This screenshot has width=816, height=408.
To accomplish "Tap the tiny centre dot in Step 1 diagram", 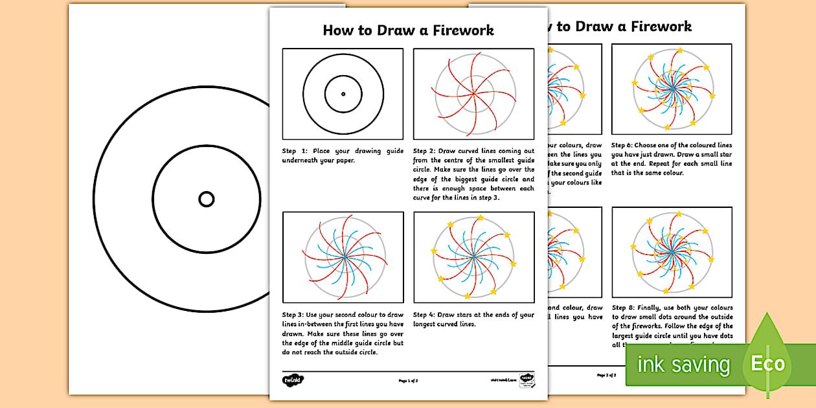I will click(x=343, y=94).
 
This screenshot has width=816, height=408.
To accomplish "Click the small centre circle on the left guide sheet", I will click(x=206, y=199).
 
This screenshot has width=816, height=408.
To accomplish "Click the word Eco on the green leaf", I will click(x=767, y=364).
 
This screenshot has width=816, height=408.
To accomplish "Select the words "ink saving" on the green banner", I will click(x=683, y=365).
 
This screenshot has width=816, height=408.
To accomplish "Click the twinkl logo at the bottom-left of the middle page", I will click(x=293, y=380).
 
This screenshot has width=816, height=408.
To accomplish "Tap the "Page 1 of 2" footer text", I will click(x=408, y=381).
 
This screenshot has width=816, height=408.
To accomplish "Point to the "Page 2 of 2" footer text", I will click(x=606, y=375).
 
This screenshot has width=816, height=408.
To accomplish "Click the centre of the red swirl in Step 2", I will click(x=474, y=94).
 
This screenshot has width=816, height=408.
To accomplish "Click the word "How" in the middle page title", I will click(x=337, y=30).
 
